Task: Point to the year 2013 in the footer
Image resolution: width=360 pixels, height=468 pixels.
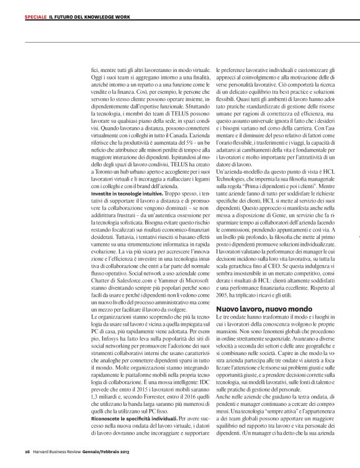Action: [123, 452]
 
